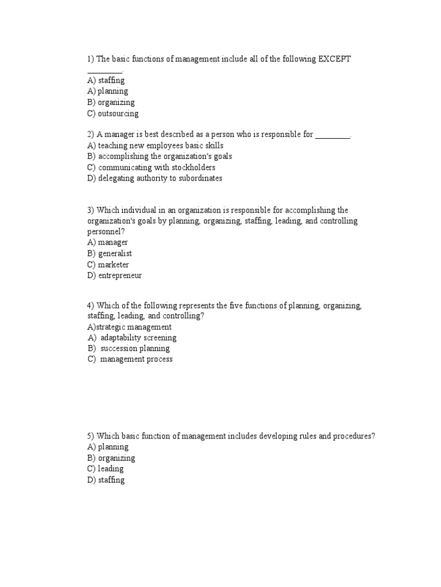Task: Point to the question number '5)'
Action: coord(91,436)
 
